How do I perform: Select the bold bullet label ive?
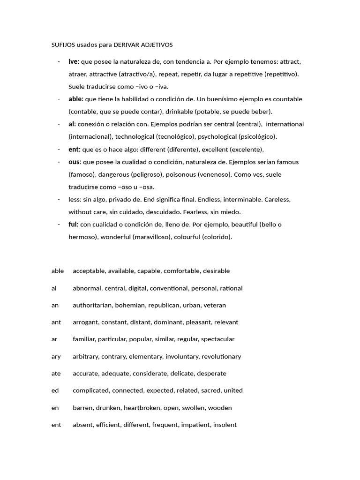[74, 61]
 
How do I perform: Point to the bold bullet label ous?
[75, 162]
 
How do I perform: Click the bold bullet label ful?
[73, 224]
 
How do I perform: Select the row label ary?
[56, 356]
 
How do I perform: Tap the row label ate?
[56, 374]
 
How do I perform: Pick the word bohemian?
[130, 305]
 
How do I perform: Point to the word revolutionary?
[221, 356]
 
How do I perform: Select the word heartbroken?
[141, 408]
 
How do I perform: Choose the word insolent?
[225, 425]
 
